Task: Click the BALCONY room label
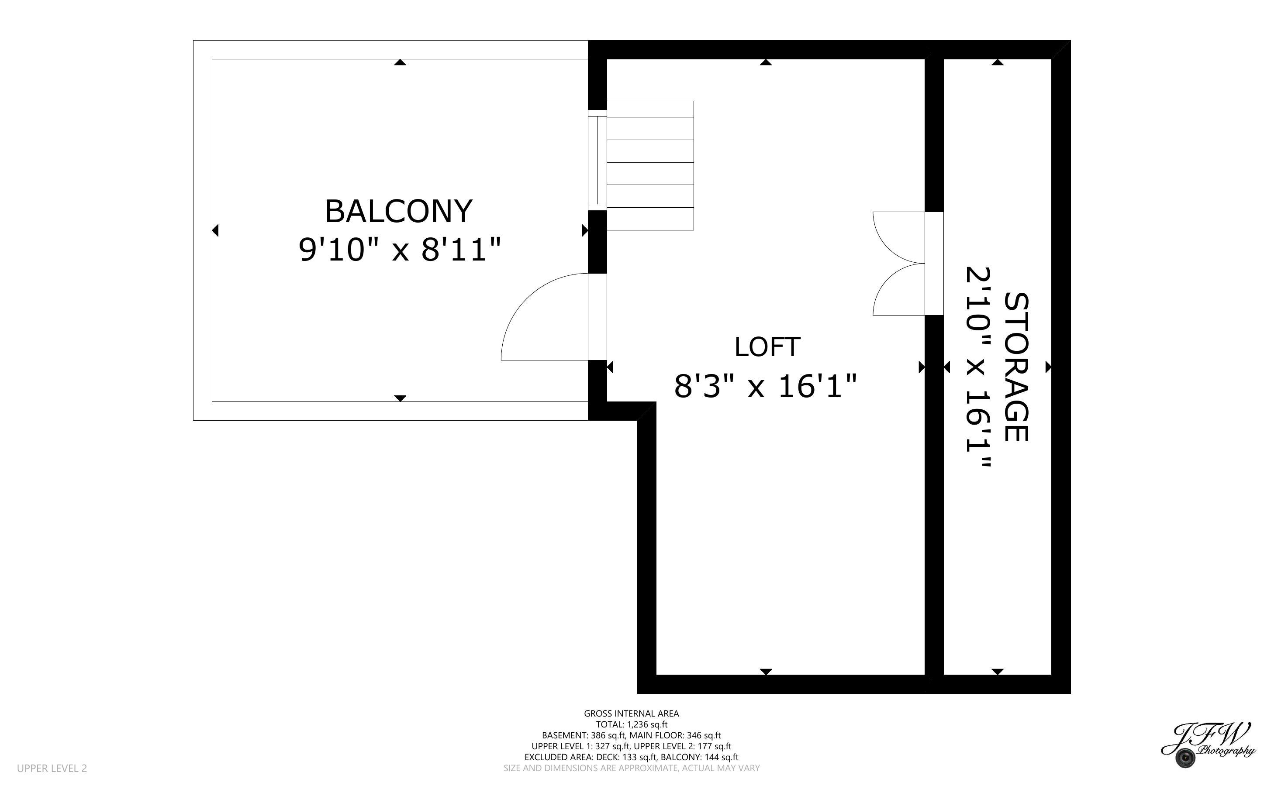tap(398, 211)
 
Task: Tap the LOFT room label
tap(767, 347)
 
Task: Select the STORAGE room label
tap(1016, 367)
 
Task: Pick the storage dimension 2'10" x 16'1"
tap(978, 367)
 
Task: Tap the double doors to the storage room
tap(899, 264)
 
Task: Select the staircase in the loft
tap(650, 165)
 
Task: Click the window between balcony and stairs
tap(597, 160)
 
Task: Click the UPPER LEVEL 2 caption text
tap(52, 768)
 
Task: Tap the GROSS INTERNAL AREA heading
tap(631, 714)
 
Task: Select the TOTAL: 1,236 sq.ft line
tap(632, 724)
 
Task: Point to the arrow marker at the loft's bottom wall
tap(766, 672)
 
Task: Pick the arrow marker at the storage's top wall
tap(998, 62)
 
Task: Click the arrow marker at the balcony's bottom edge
tap(400, 398)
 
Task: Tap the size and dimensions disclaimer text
tap(631, 768)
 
